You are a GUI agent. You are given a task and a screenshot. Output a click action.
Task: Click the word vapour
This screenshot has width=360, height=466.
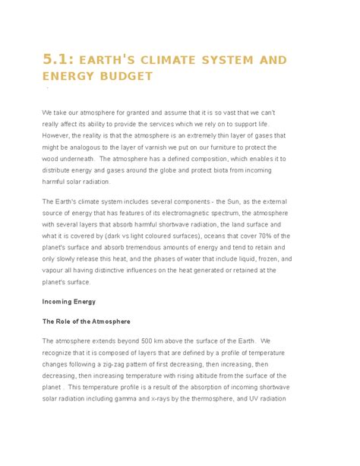[x=55, y=270]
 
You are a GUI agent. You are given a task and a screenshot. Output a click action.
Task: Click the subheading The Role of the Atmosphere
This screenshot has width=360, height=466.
[x=87, y=322]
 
